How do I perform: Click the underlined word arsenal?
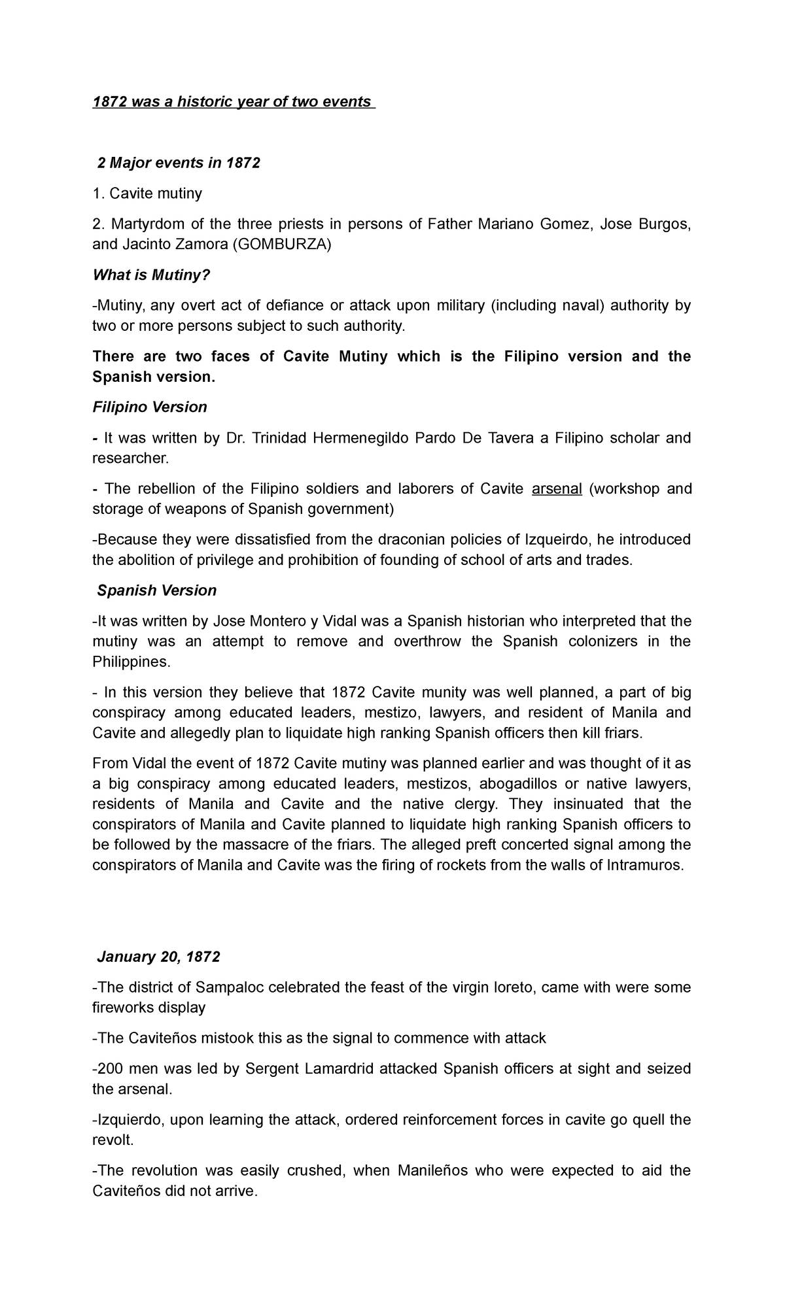pos(557,488)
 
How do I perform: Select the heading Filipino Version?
pos(150,407)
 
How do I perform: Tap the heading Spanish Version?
pos(156,590)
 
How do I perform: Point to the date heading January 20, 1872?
pos(158,957)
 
